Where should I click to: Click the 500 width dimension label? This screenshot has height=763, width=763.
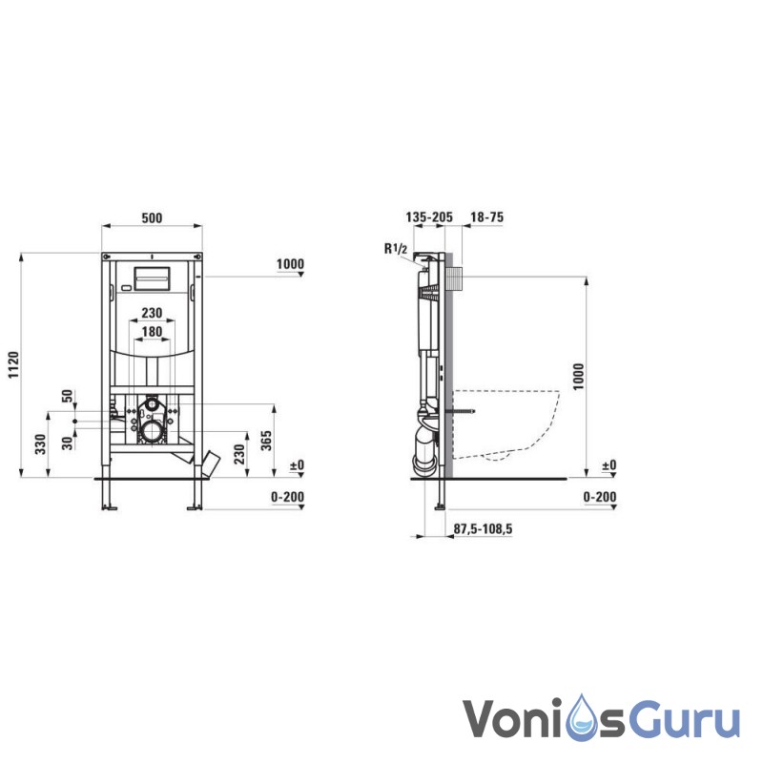coord(152,217)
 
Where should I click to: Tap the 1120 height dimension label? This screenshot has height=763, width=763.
coord(13,364)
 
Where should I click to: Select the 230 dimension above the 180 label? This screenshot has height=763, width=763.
coord(152,313)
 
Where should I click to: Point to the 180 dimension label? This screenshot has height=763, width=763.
coord(152,331)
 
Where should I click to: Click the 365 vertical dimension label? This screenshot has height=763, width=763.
coord(266,441)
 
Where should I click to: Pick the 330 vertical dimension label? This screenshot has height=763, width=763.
coord(40,443)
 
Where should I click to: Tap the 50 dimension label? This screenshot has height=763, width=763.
coord(67,396)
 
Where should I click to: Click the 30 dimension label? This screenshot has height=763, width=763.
coord(67,443)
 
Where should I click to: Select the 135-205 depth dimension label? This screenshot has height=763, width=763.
coord(429,217)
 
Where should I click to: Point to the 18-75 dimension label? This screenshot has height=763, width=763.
coord(486,217)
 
